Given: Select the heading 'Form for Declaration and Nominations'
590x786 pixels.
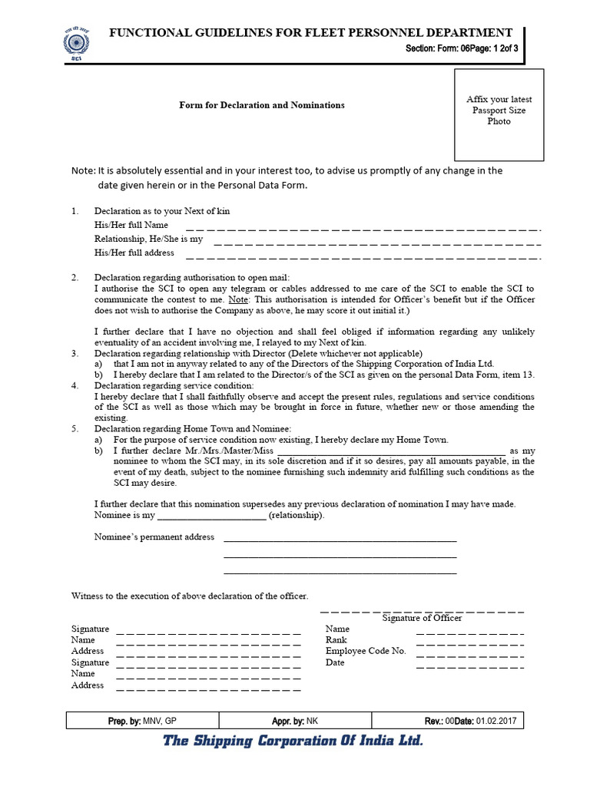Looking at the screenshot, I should click(x=262, y=105).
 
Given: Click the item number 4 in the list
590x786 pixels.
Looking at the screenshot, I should click(x=75, y=385).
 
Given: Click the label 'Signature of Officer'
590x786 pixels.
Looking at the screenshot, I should click(x=422, y=618).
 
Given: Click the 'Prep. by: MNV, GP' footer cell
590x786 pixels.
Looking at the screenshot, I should click(x=142, y=721).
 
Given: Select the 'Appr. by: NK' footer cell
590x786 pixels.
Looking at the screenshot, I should click(x=295, y=721).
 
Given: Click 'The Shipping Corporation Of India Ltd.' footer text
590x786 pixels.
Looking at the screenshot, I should click(x=292, y=741).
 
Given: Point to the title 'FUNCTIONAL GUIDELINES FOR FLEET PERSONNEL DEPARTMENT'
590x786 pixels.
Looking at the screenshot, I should click(x=310, y=32).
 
